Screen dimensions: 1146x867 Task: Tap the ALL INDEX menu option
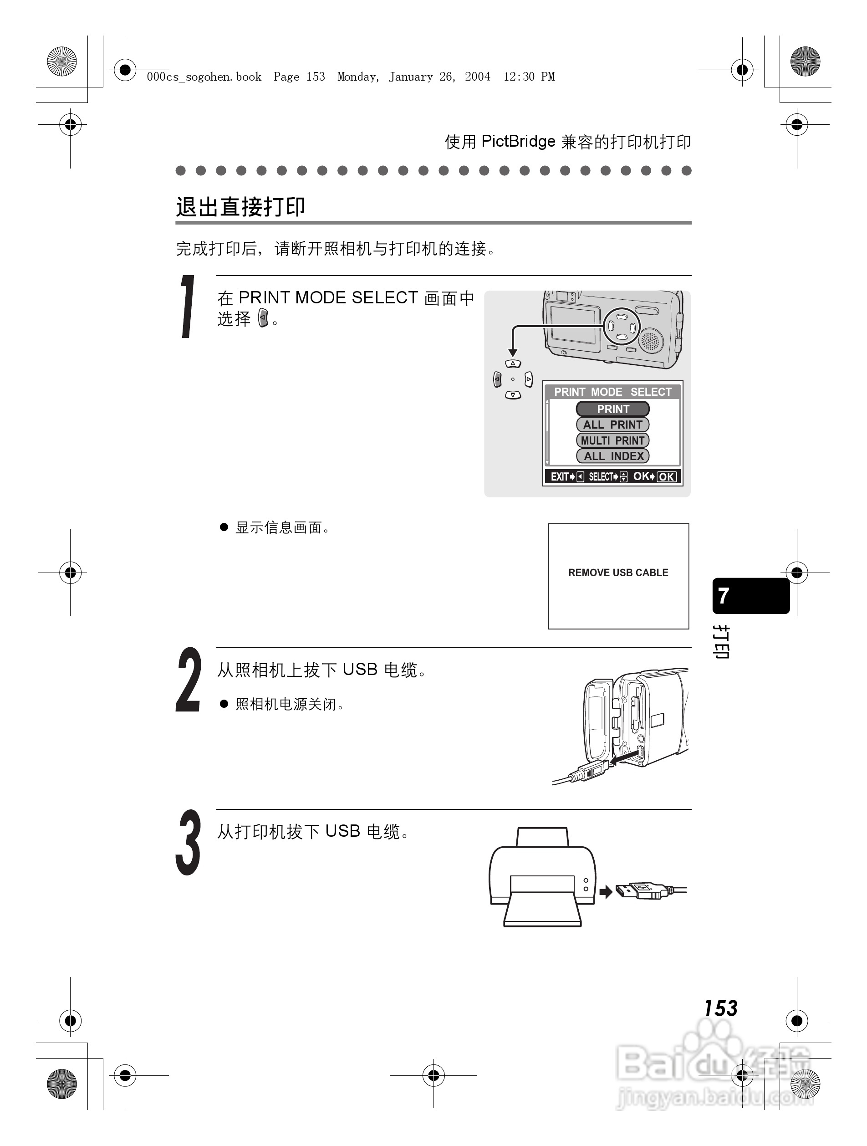(x=613, y=456)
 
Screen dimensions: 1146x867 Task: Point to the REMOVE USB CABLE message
(x=618, y=573)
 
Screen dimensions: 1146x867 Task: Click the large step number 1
(x=188, y=307)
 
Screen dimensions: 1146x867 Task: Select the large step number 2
(x=188, y=680)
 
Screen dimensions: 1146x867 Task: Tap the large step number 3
(x=188, y=842)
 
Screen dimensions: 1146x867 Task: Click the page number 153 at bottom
(x=720, y=1008)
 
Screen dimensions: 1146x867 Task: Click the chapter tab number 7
(x=724, y=596)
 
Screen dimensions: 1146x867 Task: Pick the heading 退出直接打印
(x=241, y=207)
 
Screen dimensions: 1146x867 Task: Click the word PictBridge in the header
(x=518, y=142)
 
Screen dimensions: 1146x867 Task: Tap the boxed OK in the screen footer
(x=667, y=476)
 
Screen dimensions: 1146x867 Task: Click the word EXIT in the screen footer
(x=559, y=476)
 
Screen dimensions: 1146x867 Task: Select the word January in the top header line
(x=411, y=77)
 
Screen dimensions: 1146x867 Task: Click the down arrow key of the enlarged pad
(x=513, y=395)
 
